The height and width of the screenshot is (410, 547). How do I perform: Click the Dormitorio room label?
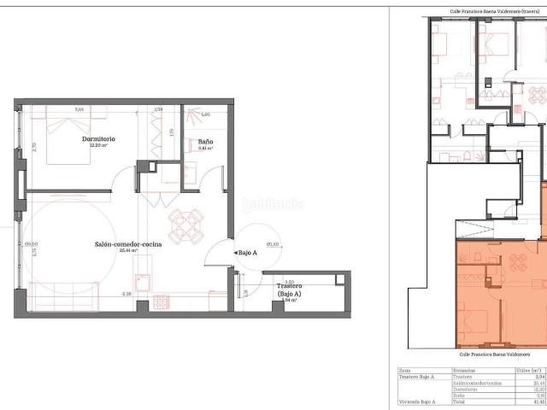point(99,138)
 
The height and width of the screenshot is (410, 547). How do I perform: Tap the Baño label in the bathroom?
point(205,142)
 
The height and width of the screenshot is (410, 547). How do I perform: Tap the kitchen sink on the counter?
point(143,281)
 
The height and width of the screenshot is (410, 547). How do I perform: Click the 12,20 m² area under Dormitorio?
point(99,145)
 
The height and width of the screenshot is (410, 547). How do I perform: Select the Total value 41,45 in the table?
point(538,401)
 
